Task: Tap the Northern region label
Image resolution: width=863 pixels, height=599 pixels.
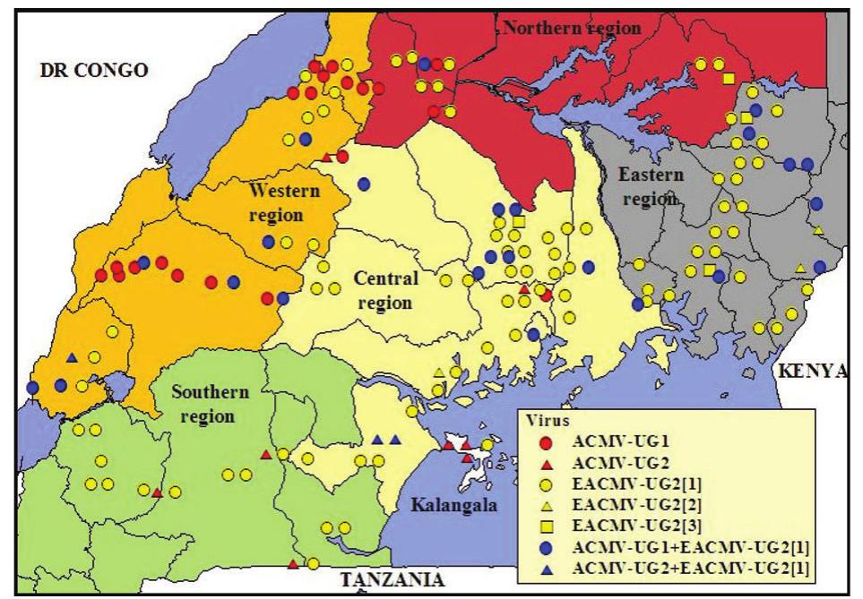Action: (572, 28)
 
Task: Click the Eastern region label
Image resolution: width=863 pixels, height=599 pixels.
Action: (650, 186)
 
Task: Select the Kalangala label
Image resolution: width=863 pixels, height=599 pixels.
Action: (445, 506)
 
